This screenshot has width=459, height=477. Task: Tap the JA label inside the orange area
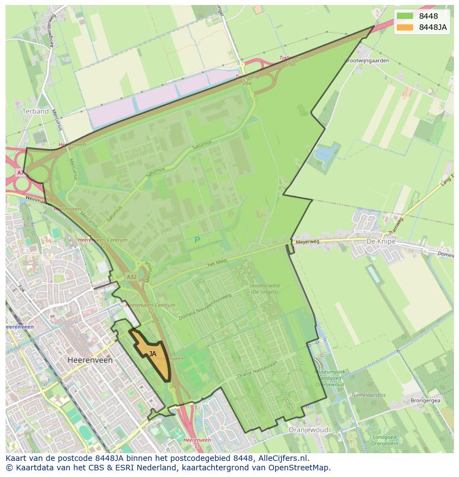152,353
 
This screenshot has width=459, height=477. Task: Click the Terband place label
35,111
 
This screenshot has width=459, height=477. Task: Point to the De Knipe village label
379,242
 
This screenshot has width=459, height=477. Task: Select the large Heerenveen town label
90,360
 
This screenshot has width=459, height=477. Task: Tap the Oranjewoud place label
309,429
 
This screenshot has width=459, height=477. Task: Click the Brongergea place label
425,400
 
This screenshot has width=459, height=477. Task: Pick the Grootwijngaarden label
367,60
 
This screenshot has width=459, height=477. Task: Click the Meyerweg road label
308,242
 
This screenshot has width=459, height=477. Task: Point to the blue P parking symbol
197,240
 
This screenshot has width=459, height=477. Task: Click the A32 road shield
131,276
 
